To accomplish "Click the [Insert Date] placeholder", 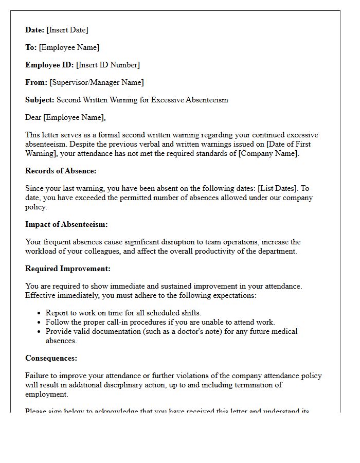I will point(67,30).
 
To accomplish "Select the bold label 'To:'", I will point(31,47).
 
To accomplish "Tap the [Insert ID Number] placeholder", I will point(108,65).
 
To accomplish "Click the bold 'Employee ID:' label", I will point(49,65).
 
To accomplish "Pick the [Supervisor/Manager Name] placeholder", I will point(97,82).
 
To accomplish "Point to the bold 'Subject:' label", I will point(40,100).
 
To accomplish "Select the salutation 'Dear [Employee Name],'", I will point(65,117).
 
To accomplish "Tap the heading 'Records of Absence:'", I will point(61,171).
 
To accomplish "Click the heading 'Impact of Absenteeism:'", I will point(66,224).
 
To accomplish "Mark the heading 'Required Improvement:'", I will point(68,269).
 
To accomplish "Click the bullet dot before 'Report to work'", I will point(40,313).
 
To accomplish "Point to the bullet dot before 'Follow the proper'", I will point(40,322).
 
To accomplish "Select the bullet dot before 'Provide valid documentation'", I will point(40,332).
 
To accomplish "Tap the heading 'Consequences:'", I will point(51,358).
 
